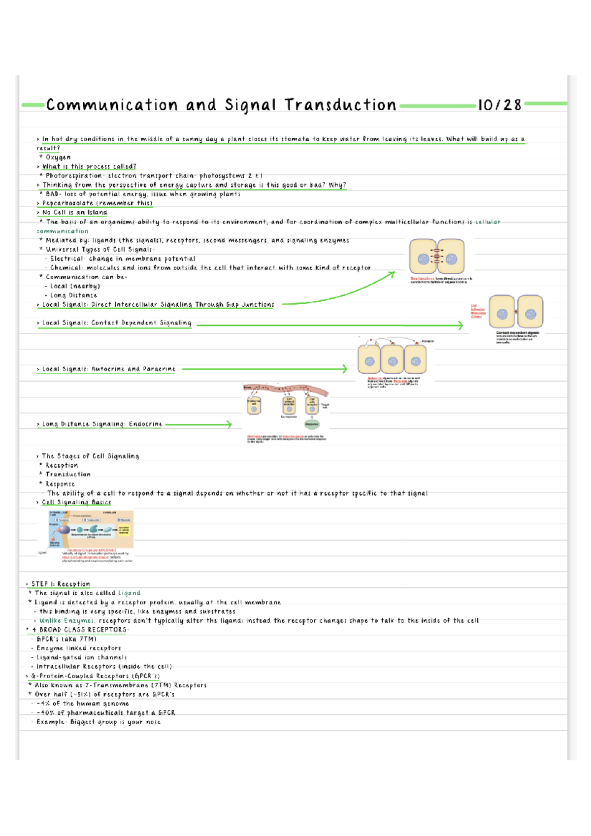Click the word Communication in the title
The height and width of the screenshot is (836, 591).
112,105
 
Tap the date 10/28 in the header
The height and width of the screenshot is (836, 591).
499,105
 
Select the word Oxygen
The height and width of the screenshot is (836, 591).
58,158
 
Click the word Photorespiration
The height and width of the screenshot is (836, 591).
74,176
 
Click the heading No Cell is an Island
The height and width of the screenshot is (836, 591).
74,213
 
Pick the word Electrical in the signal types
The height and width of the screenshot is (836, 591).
66,259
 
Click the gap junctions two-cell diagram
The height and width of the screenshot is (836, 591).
437,257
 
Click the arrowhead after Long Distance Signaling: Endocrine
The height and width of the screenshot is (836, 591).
229,424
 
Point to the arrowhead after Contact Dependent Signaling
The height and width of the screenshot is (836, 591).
460,325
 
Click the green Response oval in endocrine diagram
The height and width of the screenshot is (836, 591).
312,424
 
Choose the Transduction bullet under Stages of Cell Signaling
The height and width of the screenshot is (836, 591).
68,475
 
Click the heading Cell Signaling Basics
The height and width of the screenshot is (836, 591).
76,503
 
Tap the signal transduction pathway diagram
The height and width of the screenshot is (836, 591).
91,530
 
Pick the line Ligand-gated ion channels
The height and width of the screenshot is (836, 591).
82,658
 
